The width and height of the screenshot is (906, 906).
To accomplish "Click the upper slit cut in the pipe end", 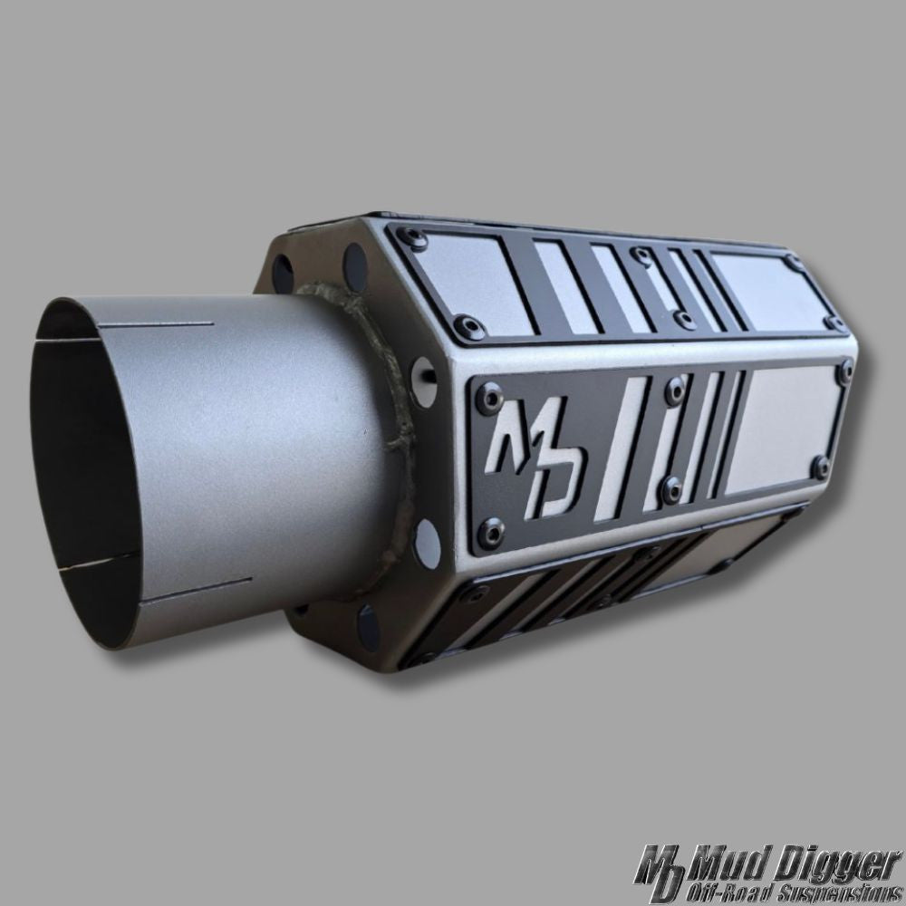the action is (155, 324).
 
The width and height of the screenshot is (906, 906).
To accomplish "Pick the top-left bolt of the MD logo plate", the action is (489, 399).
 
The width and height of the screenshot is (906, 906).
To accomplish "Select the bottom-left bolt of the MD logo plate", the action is (492, 531).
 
